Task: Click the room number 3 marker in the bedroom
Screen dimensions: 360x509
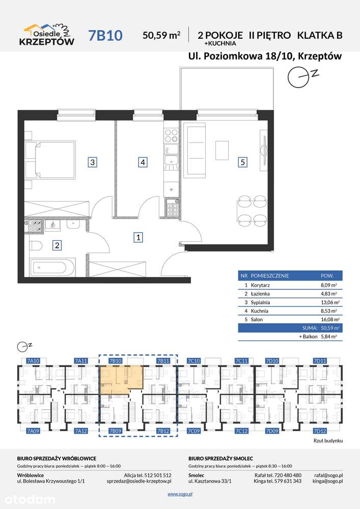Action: coord(93,162)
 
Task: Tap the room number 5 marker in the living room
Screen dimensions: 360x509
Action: coord(243,162)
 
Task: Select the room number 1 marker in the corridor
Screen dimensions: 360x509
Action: coord(139,237)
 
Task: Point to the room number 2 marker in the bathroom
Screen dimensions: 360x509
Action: coord(57,245)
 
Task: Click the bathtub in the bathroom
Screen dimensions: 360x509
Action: coord(52,267)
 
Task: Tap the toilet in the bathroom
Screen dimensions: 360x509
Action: coord(36,246)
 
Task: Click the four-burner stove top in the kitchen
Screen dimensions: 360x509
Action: coord(172,136)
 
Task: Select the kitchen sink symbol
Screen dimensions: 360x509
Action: coord(172,161)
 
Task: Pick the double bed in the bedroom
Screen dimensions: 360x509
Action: coord(50,159)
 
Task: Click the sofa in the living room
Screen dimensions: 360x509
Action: coord(195,150)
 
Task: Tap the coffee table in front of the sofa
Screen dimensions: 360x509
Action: coord(221,150)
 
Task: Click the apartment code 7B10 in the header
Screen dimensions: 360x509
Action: coord(105,36)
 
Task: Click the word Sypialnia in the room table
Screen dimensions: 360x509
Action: coord(260,302)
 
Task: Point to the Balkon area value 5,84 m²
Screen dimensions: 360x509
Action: coord(329,336)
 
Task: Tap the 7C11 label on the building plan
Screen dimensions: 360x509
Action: coord(241,361)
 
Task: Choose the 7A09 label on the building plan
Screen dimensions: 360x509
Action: coord(33,431)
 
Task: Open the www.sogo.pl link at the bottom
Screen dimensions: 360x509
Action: coord(180,494)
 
